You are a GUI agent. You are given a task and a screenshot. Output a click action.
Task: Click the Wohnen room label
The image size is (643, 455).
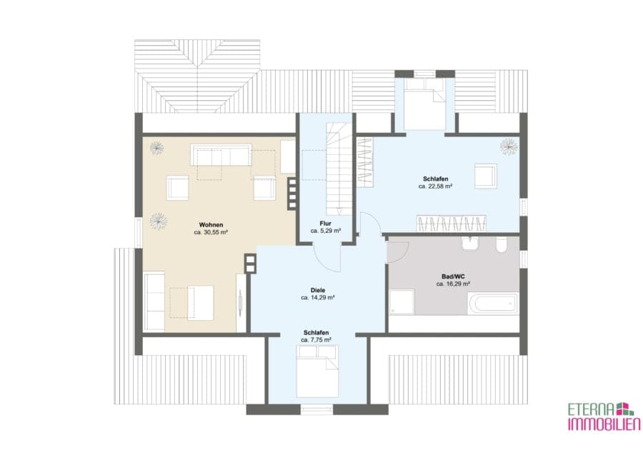pos(211,224)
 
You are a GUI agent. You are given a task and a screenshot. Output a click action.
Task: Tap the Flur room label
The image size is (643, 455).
pos(326,224)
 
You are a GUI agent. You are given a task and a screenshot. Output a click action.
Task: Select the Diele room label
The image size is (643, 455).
pos(317,290)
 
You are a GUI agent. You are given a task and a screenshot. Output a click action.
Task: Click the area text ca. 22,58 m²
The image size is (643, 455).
pos(436,186)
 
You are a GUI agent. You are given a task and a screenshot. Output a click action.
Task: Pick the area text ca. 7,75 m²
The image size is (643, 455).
pos(316,340)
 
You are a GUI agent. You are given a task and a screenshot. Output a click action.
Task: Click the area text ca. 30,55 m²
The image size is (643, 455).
pos(211,232)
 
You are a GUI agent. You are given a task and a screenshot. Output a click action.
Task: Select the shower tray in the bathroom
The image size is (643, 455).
pos(402,302)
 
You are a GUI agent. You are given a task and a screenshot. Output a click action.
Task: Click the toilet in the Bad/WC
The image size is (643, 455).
pos(501,244)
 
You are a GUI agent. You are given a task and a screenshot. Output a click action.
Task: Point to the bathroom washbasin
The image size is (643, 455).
pos(470,244)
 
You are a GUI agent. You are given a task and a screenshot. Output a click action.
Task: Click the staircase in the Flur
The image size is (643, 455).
pos(339,169)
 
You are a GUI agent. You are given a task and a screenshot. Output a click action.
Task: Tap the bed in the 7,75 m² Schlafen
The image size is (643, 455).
pos(317,371)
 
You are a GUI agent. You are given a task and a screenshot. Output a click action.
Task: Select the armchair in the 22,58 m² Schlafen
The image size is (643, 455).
pos(486,176)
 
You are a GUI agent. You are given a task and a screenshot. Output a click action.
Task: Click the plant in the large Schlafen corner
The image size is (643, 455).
pos(509,146)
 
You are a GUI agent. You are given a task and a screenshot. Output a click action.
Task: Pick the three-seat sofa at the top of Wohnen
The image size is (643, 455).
pos(221,154)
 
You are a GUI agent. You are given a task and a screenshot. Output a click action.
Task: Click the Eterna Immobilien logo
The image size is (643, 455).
pos(604,416)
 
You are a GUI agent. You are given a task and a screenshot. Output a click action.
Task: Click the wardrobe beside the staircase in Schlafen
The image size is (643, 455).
pos(364,163)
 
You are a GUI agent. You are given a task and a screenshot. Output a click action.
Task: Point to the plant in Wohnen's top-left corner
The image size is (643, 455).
pos(156,148)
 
